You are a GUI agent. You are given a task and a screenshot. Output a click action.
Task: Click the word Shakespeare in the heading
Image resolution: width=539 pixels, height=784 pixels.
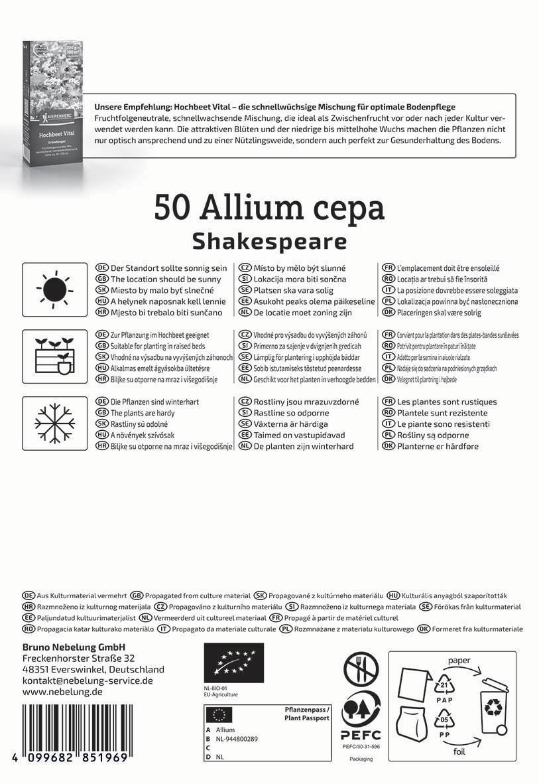(269, 240)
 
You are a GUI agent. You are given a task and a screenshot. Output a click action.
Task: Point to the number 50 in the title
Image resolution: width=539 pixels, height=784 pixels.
(172, 208)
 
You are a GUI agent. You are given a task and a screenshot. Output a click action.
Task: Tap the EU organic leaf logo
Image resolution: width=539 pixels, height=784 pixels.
(234, 664)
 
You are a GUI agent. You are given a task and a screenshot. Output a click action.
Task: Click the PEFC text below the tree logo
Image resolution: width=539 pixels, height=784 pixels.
(361, 735)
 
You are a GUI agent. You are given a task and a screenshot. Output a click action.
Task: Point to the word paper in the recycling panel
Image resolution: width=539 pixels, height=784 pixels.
(459, 661)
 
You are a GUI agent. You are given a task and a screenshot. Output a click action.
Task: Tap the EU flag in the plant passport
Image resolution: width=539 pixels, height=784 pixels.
(220, 714)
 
